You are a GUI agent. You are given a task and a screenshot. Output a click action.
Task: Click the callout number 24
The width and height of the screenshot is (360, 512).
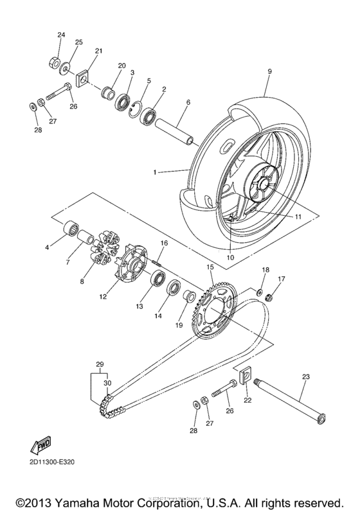pyautogui.click(x=61, y=33)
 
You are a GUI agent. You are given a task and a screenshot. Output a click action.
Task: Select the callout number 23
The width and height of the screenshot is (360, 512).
pyautogui.click(x=306, y=376)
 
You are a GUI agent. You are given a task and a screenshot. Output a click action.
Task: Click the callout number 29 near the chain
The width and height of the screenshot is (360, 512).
pyautogui.click(x=99, y=364)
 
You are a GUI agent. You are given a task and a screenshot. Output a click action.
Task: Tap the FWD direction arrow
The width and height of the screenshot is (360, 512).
pyautogui.click(x=40, y=445)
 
